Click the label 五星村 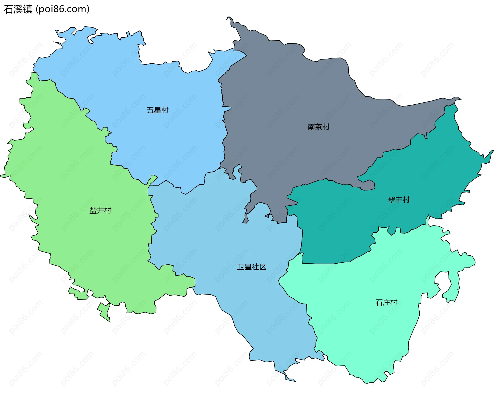pos(157,110)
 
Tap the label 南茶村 pos(319,127)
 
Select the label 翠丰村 pos(399,200)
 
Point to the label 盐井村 pos(100,211)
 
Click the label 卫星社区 pos(251,267)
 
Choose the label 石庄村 pos(386,302)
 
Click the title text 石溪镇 pos(18,9)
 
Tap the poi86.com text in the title pos(63,9)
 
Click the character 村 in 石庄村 pos(394,302)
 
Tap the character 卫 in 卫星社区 pos(240,267)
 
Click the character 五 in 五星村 pos(150,110)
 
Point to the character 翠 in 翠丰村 pos(391,200)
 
